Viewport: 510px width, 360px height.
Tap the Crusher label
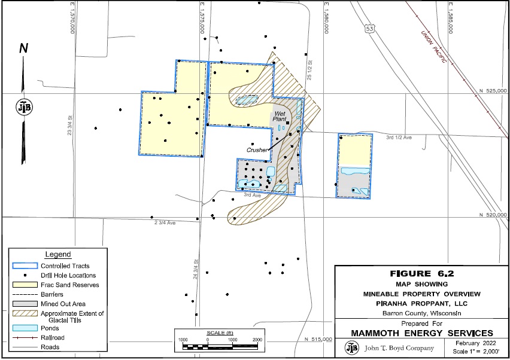pyautogui.click(x=256, y=150)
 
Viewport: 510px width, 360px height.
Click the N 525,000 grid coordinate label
pyautogui.click(x=494, y=91)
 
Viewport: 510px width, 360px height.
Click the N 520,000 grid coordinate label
pyautogui.click(x=494, y=215)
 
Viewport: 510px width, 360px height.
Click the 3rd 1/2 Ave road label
pyautogui.click(x=399, y=138)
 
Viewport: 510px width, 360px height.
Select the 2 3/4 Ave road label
pyautogui.click(x=165, y=222)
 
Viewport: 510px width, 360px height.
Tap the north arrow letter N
pyautogui.click(x=24, y=48)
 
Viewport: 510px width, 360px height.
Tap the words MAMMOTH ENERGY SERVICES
pyautogui.click(x=421, y=332)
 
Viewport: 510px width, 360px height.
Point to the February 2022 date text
pyautogui.click(x=473, y=343)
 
